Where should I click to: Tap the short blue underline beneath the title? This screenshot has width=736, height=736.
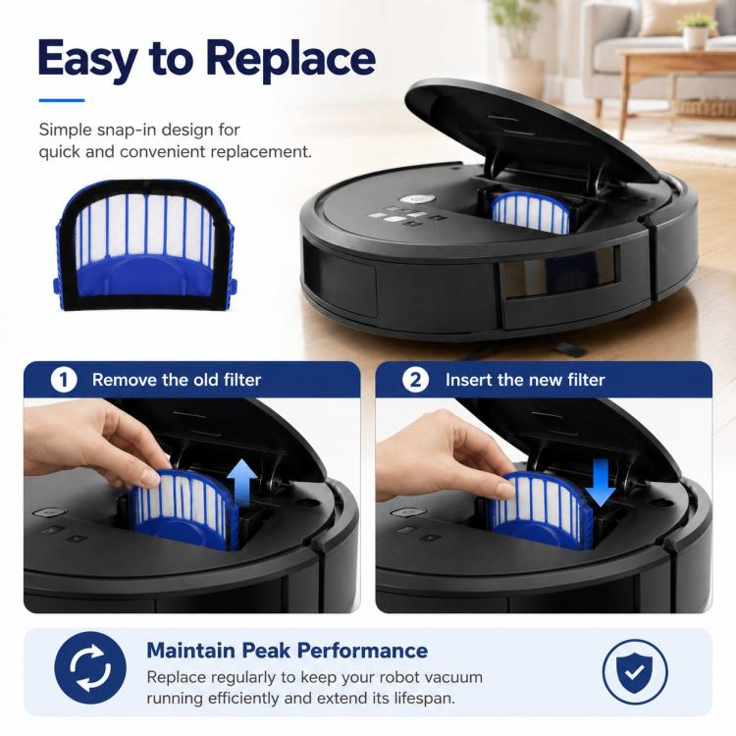[62, 100]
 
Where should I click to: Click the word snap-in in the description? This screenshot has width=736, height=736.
[134, 130]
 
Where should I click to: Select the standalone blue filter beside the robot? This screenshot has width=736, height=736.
[145, 245]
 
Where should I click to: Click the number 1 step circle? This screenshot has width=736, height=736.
[64, 379]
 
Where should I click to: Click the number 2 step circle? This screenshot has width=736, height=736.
[415, 379]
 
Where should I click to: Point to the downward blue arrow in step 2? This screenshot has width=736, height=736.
[601, 483]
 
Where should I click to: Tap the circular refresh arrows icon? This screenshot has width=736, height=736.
[90, 667]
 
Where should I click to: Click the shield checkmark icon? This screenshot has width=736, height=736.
[635, 672]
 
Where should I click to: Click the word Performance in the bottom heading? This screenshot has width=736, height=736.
[362, 651]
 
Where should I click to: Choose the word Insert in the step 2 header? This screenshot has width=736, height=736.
[469, 379]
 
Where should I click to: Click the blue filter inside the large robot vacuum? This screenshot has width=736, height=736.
[530, 213]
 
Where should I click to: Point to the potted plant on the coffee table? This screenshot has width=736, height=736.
[696, 29]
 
